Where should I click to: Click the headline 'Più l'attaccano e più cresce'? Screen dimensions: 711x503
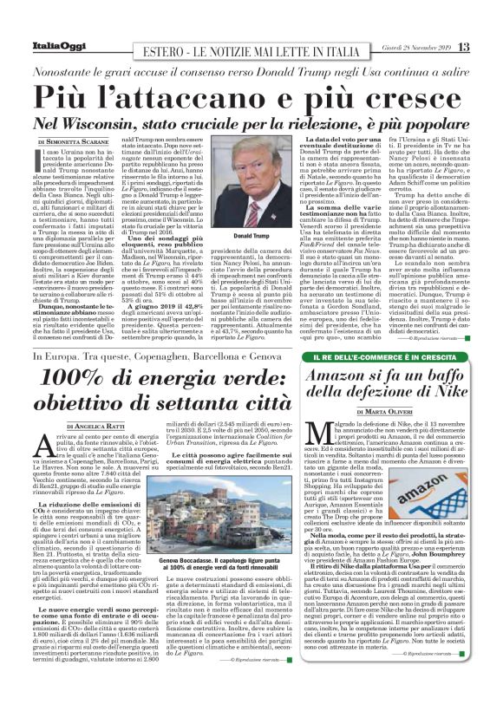point(251,94)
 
